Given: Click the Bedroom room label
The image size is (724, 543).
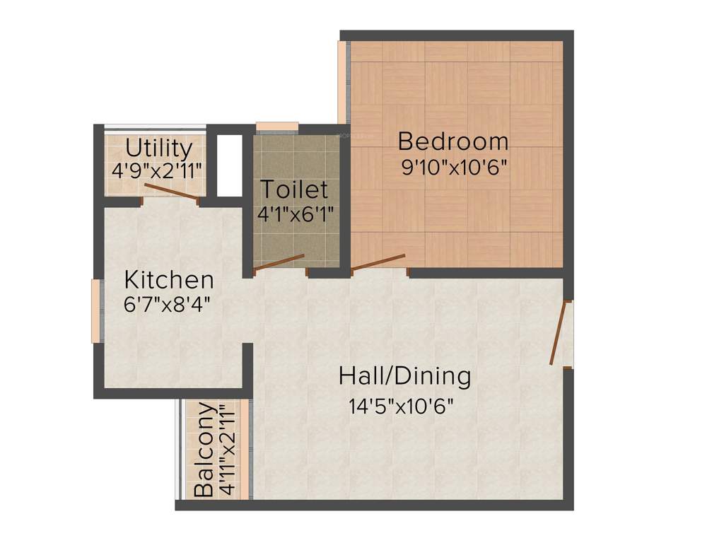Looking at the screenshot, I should pyautogui.click(x=453, y=141).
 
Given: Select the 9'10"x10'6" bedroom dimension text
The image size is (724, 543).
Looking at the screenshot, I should pyautogui.click(x=453, y=168).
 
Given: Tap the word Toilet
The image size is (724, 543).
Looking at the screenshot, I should pyautogui.click(x=294, y=189).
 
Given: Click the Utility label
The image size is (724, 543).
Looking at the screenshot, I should pyautogui.click(x=158, y=148).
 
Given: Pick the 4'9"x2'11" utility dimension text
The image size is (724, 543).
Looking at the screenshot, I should pyautogui.click(x=157, y=170).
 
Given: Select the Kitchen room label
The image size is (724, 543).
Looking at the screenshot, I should pyautogui.click(x=168, y=280).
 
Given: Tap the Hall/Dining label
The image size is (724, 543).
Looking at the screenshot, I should pyautogui.click(x=404, y=375).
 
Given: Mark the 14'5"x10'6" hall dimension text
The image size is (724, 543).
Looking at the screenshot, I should pyautogui.click(x=400, y=406).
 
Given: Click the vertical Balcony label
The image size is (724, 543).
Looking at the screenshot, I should pyautogui.click(x=204, y=450).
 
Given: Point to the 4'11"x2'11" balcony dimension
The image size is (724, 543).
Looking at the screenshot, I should pyautogui.click(x=226, y=450).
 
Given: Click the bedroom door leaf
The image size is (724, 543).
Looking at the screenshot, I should pyautogui.click(x=379, y=262).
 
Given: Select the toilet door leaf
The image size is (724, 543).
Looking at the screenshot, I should pyautogui.click(x=279, y=262).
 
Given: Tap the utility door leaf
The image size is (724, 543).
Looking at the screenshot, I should pyautogui.click(x=170, y=192).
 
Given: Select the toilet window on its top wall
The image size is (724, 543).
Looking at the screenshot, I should pyautogui.click(x=276, y=127).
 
